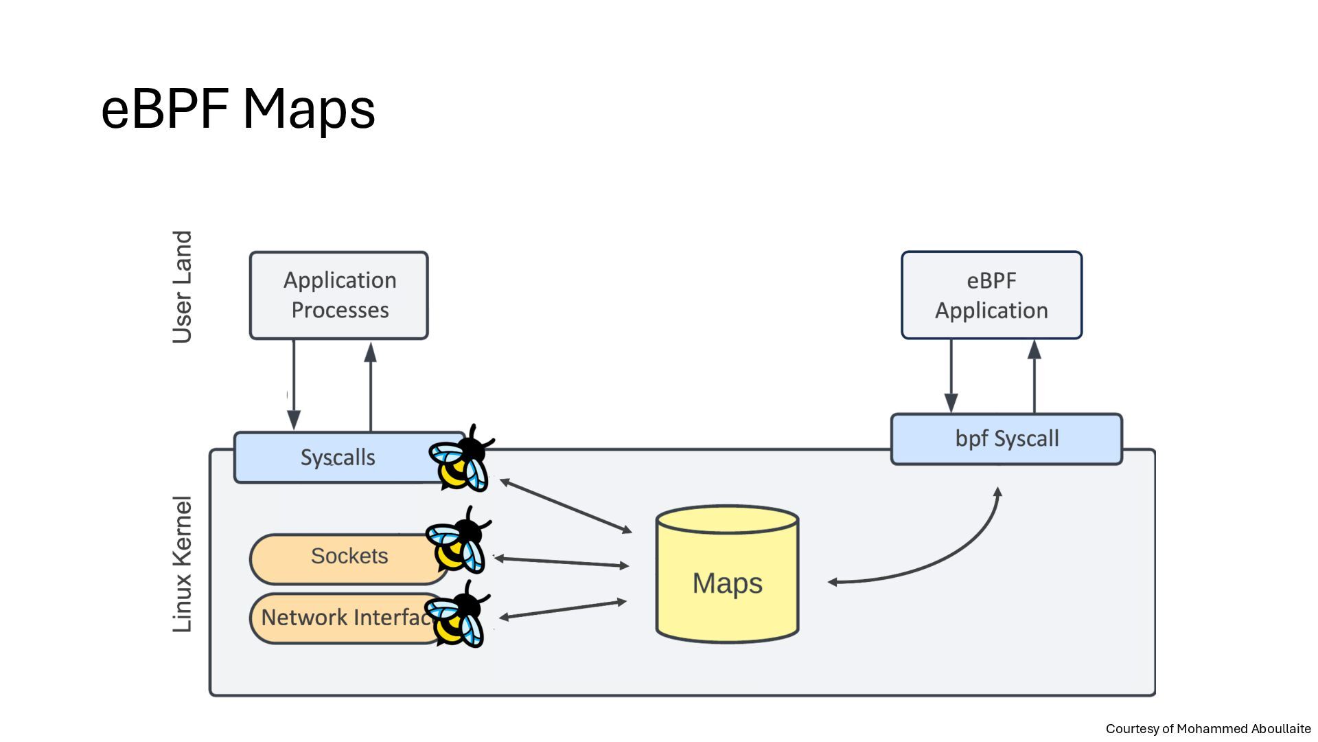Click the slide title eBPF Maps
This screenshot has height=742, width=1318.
238,109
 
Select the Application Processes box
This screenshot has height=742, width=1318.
339,295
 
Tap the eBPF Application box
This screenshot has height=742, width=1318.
991,295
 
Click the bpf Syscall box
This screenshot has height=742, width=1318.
1006,439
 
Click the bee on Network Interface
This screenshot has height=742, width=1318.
456,615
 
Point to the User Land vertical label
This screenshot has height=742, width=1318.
182,286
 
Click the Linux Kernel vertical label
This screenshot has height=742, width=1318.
182,564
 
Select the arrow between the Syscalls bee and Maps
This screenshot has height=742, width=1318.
566,506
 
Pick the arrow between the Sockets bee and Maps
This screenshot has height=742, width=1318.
562,562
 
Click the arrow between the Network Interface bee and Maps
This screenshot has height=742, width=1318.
563,609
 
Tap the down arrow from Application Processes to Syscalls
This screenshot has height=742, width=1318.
294,385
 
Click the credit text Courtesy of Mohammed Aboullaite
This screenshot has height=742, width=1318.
1208,729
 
